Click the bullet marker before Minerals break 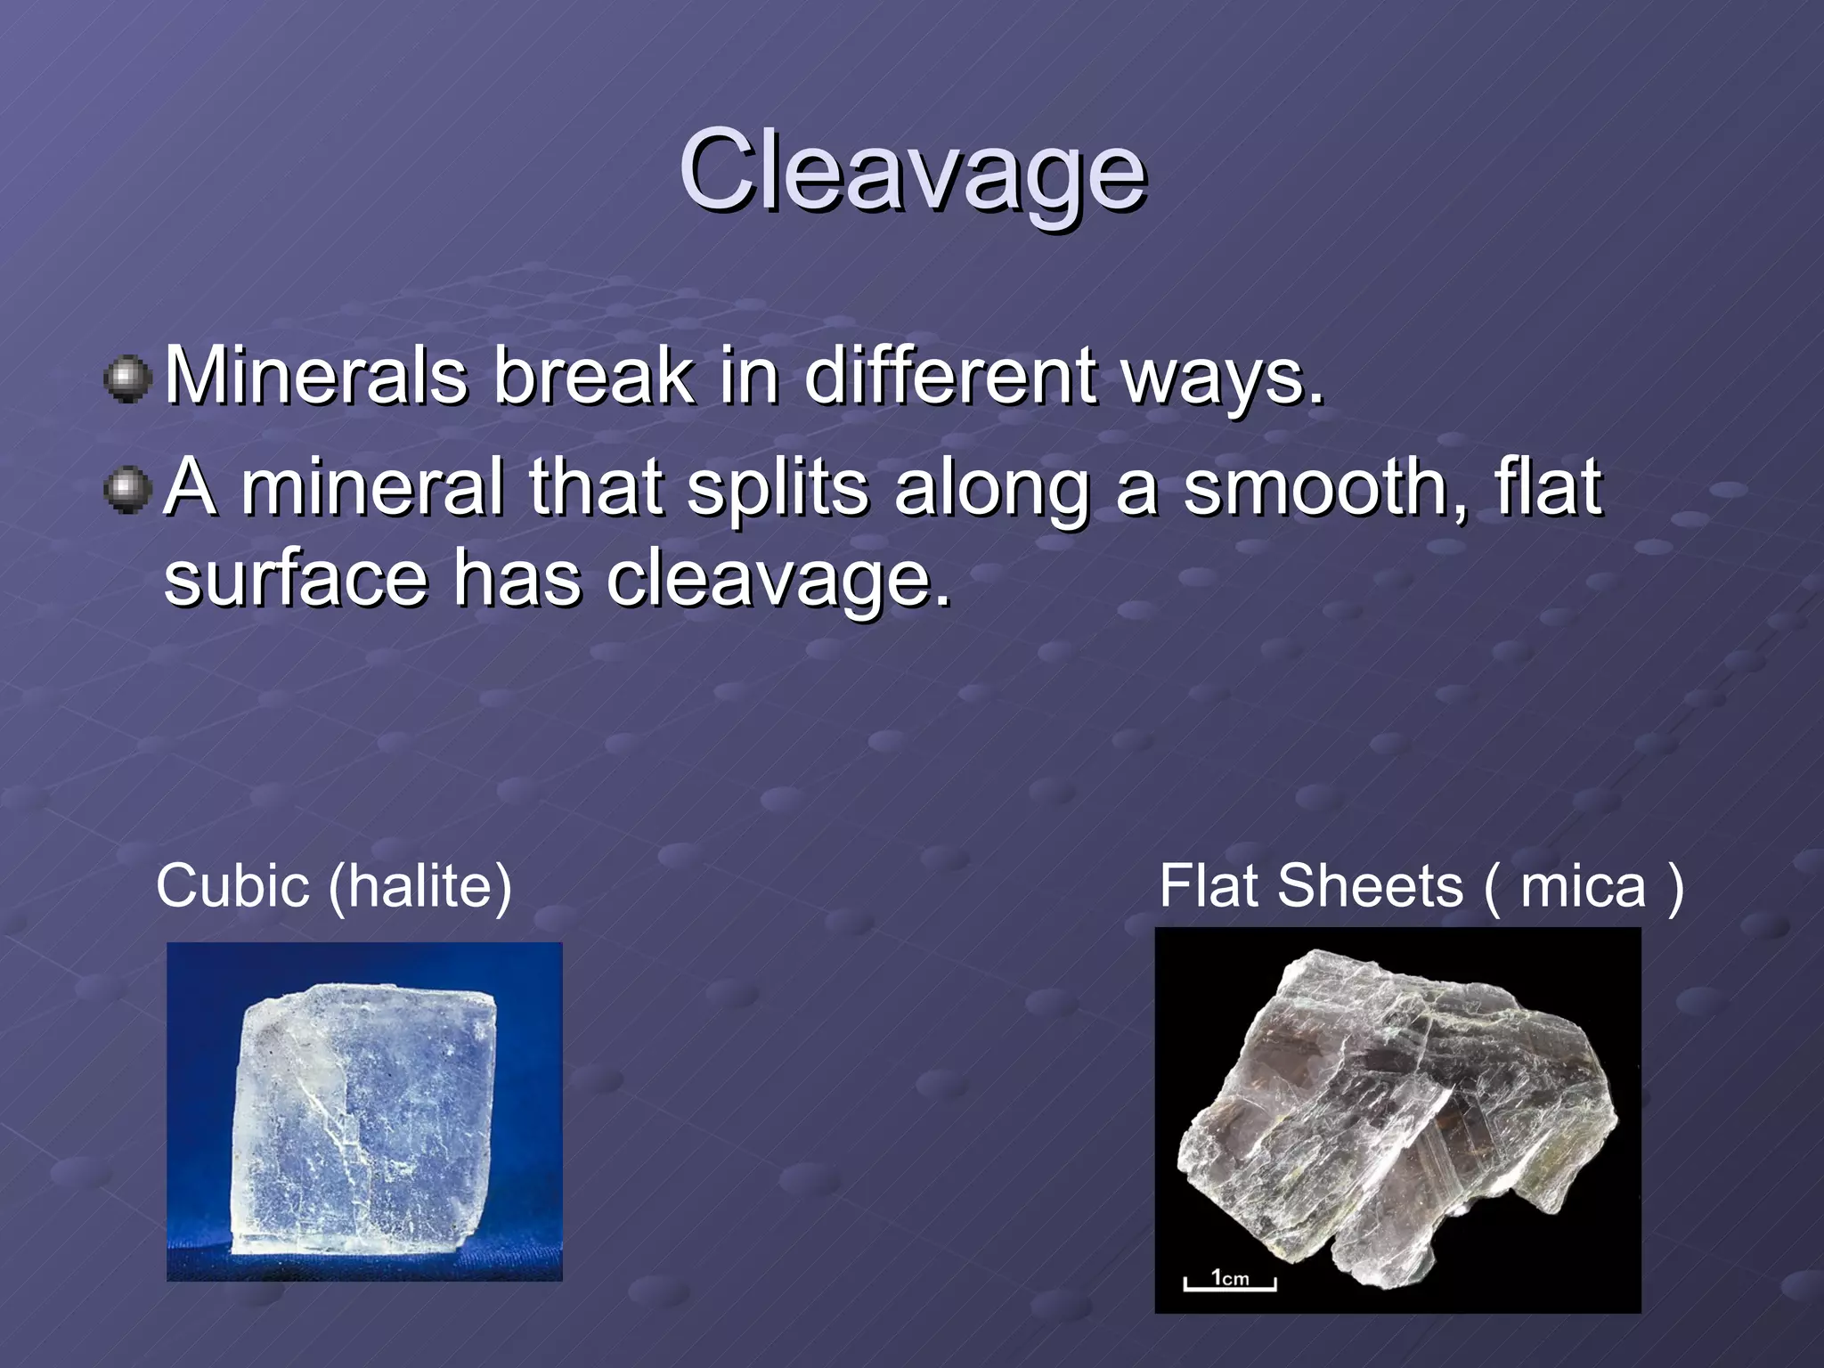[x=128, y=379]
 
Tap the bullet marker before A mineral [x=128, y=489]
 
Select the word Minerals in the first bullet [x=316, y=376]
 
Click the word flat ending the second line [x=1549, y=487]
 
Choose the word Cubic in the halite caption [x=232, y=886]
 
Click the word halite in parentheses [x=419, y=886]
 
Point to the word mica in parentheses [x=1583, y=888]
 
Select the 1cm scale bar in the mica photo [x=1230, y=1281]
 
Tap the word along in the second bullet [x=992, y=487]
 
